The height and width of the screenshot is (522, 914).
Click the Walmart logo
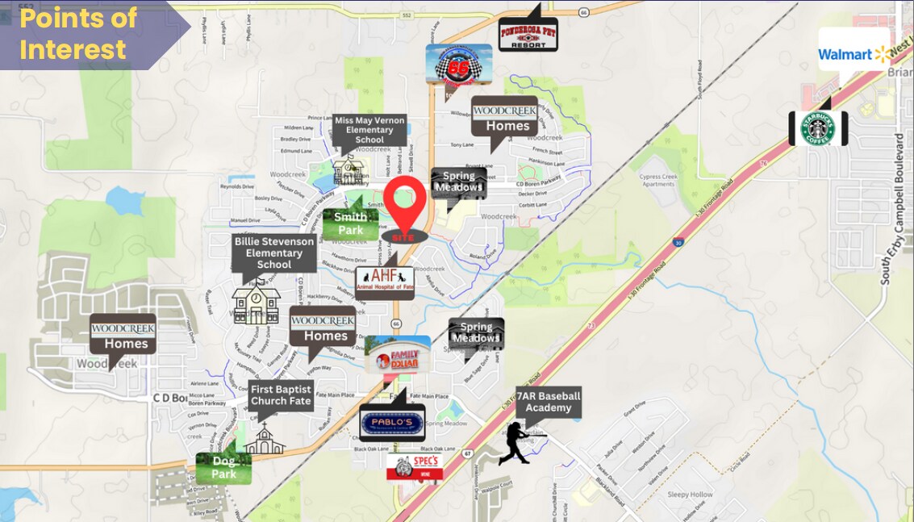853,53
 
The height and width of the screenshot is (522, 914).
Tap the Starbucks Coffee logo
817,128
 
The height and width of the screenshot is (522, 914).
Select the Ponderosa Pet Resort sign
528,35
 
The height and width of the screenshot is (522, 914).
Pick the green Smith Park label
350,223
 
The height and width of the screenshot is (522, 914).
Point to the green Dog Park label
223,468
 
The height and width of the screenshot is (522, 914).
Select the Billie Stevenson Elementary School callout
274,253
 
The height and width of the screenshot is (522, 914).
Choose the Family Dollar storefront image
397,354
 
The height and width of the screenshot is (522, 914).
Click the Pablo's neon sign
391,422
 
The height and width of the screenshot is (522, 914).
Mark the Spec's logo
415,466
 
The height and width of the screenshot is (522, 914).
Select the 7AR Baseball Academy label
548,402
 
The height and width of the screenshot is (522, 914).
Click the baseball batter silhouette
519,443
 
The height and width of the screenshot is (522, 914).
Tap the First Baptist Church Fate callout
280,395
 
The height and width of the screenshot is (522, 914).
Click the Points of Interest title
79,34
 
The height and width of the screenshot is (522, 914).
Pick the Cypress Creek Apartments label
658,180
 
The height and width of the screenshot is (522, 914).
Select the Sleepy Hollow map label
690,495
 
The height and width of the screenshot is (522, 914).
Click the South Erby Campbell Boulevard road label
900,209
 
